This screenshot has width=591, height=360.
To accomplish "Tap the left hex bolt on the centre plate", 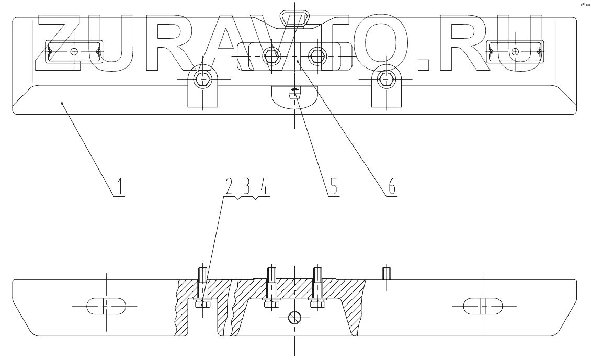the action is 270,54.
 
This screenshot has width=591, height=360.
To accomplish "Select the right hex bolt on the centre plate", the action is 317,54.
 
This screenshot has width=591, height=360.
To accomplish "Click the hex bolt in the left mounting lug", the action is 202,80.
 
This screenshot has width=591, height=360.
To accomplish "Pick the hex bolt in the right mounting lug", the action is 386,80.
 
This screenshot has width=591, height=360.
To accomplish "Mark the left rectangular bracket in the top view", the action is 74,51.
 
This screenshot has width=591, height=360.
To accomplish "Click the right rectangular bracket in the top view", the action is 516,51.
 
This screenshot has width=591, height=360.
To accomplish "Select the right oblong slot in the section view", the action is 483,305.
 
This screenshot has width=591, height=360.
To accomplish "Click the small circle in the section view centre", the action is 295,317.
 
